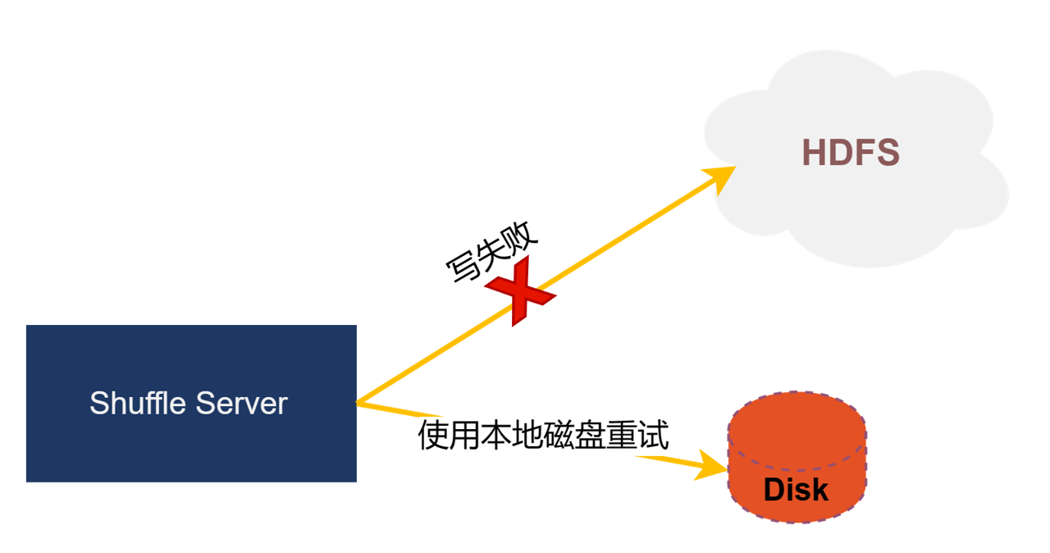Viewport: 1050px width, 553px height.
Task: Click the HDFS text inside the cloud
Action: pos(851,153)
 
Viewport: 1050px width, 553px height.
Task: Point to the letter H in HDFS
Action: pos(814,153)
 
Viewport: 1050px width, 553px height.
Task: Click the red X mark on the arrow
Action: pos(520,290)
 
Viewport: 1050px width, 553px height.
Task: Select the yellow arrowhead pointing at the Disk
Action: pos(710,467)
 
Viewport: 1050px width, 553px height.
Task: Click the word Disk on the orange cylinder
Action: pos(796,490)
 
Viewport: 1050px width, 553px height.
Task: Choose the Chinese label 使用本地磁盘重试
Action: pos(544,436)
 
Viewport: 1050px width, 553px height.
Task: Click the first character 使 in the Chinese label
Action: pos(433,436)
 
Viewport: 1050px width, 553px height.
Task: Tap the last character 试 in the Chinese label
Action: pos(655,436)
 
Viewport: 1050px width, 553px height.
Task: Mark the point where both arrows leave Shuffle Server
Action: pos(358,403)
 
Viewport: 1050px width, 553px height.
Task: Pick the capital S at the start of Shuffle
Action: pos(98,404)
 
